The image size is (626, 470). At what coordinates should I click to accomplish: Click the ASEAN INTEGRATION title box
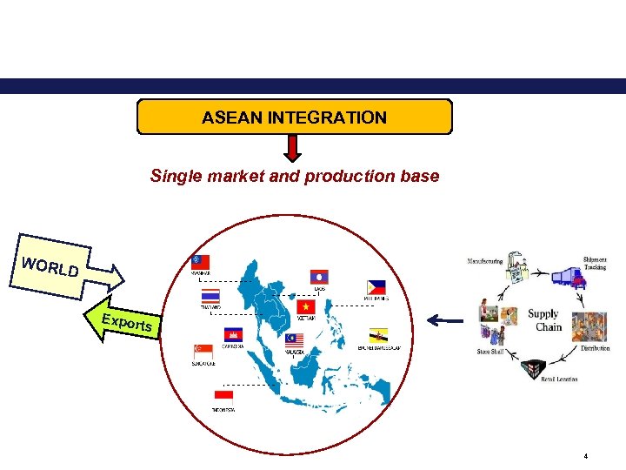[294, 117]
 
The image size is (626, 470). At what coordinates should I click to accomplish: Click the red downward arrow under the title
[294, 149]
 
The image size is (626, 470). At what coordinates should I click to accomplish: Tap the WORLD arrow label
[52, 267]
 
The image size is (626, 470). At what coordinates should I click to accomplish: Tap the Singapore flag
[203, 351]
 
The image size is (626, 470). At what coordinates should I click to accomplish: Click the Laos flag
[319, 277]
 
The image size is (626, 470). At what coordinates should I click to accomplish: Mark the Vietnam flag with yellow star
[306, 307]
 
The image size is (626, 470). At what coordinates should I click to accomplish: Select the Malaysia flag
[293, 339]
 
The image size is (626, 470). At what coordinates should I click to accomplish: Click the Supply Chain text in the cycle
[544, 320]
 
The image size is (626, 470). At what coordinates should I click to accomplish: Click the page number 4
[586, 455]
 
